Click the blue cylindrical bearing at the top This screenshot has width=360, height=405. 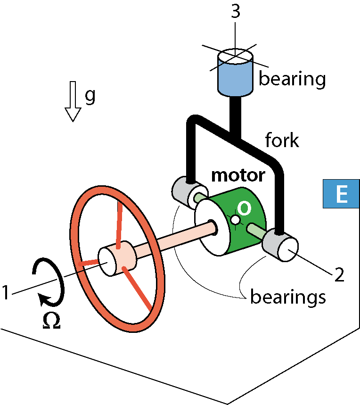235,73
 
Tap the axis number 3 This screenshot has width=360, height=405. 235,11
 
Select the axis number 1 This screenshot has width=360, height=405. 6,292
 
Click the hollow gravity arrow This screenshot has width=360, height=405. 73,101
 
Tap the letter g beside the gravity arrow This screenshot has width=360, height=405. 90,96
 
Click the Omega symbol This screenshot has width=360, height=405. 51,321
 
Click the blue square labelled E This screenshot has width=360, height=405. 341,193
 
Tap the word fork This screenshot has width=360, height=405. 282,140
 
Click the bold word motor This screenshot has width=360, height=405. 238,175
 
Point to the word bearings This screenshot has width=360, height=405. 288,297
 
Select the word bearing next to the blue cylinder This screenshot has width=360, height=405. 292,79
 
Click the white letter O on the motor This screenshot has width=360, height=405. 244,208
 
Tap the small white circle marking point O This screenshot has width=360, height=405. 235,220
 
